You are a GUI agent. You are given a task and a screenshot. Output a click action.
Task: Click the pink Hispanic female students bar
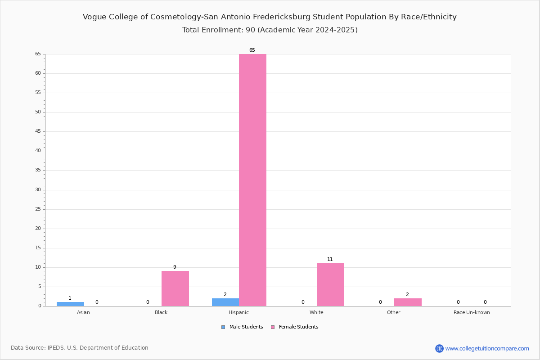tap(252, 180)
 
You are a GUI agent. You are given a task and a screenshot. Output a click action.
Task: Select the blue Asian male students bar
tap(70, 304)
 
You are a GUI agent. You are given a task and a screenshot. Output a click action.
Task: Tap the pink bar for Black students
tap(175, 288)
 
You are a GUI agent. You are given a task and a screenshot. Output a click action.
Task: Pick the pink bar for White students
tap(330, 285)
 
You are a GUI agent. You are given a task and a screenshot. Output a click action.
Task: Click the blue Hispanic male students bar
tap(225, 302)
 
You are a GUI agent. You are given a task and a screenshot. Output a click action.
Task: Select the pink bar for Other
tap(408, 302)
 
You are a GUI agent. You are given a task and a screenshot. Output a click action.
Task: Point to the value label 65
tap(252, 50)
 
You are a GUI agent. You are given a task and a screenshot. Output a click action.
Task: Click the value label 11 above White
tap(330, 260)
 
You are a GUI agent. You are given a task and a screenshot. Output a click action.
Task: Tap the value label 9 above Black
tap(175, 267)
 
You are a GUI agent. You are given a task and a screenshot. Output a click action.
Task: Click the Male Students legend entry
tap(242, 327)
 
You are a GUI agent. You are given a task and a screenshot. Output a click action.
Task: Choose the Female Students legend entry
tap(295, 327)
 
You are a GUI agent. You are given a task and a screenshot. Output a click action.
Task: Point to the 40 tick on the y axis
tap(38, 151)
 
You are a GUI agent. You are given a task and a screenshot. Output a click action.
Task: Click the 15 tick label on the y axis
tap(38, 247)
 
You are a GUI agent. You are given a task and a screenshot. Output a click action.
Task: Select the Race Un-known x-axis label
tap(472, 312)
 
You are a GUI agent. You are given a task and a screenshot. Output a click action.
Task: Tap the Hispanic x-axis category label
tap(238, 312)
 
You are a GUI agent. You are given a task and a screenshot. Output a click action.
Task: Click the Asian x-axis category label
tap(83, 312)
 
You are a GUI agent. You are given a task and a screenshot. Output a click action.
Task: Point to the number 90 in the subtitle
tap(251, 30)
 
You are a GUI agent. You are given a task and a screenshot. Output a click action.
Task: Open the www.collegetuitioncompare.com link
tap(487, 348)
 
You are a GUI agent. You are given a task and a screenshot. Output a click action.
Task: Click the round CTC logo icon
tap(439, 348)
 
